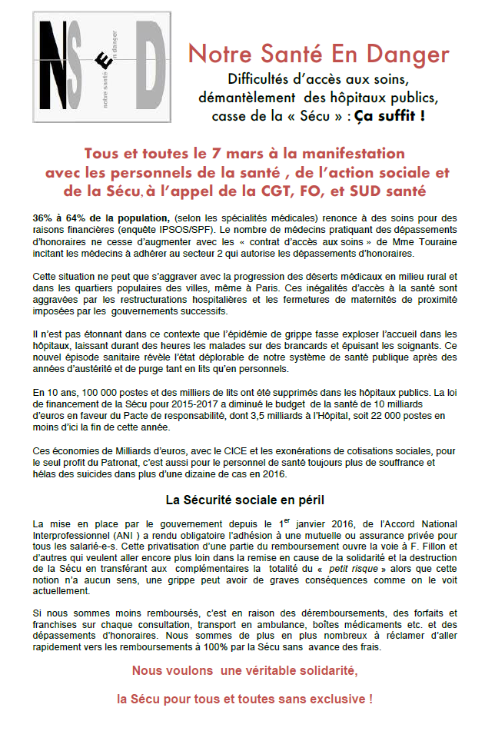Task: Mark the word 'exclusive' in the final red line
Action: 329,700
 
